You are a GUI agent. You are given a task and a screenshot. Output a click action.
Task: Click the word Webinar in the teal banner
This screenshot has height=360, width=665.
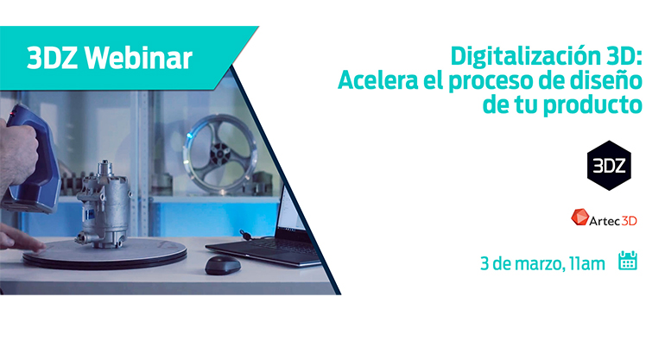(x=138, y=58)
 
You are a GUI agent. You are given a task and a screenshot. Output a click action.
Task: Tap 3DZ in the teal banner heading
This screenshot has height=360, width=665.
(x=52, y=58)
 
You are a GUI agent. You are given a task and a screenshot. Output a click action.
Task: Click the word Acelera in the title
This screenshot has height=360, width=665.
(x=378, y=79)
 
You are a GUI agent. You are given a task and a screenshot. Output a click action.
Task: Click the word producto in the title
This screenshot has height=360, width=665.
(x=593, y=105)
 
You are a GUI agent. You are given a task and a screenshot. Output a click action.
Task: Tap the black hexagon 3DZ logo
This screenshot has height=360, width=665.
(x=609, y=166)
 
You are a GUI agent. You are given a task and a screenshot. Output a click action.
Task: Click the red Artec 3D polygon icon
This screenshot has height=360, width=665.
(x=579, y=217)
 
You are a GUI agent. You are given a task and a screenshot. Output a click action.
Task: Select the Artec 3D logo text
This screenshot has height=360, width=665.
(x=613, y=220)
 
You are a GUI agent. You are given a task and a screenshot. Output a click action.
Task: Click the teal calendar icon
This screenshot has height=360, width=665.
(x=628, y=261)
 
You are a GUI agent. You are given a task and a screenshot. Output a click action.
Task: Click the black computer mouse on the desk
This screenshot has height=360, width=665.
(x=223, y=264)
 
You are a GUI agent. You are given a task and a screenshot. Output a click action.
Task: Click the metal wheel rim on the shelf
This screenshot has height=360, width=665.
(x=219, y=153)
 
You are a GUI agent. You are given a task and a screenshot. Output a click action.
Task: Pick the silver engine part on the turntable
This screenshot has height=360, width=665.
(x=104, y=204)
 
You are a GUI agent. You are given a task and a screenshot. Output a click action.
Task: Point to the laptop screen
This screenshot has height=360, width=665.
(x=293, y=212)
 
